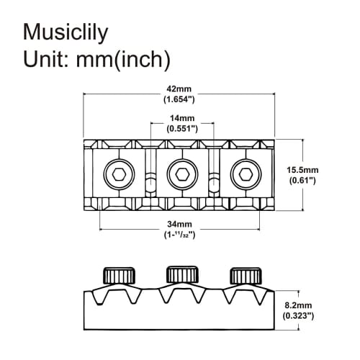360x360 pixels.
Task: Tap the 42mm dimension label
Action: (180, 91)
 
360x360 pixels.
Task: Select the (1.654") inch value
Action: (180, 100)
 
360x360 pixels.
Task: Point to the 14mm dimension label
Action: (181, 118)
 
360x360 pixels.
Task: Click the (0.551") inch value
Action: (181, 128)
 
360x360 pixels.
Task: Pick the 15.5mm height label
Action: (302, 170)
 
